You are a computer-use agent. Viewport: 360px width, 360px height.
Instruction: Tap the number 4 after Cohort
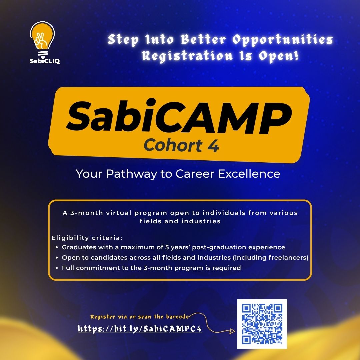[214, 146]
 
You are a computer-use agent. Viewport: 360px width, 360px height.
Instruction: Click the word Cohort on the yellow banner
[173, 146]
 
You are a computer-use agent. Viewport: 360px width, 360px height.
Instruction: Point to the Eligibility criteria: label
[87, 238]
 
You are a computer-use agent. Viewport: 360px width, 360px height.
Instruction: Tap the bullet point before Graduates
[57, 248]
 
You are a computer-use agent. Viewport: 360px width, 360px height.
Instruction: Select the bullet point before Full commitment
[57, 268]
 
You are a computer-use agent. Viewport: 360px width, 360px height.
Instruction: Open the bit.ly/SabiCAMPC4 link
[140, 329]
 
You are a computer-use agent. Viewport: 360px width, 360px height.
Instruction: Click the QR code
[262, 324]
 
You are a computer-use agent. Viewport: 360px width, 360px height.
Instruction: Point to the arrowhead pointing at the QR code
[232, 331]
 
